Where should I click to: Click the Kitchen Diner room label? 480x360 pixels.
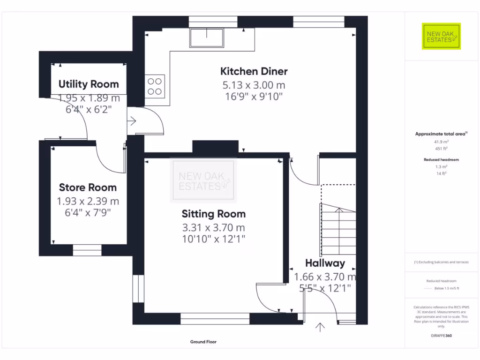point(254,71)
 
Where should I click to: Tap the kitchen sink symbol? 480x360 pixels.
point(207,37)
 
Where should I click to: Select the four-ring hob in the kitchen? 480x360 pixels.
point(155,86)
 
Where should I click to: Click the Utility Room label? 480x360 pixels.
point(89,84)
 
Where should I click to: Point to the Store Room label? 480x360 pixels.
point(88,187)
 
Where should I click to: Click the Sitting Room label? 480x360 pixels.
point(214,214)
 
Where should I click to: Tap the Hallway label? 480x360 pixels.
point(325,263)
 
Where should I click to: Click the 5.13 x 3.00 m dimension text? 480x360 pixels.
point(254,85)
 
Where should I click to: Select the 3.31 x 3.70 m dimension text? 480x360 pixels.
point(214,227)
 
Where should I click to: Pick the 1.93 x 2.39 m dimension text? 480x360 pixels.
point(88,201)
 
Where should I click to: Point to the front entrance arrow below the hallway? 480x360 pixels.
point(320,327)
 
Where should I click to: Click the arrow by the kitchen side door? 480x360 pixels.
point(132,121)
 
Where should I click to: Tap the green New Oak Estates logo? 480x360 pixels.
point(441,36)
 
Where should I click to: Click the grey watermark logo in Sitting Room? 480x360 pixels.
point(203,180)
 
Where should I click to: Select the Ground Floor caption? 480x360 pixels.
point(203,342)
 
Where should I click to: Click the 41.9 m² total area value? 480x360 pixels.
point(441,142)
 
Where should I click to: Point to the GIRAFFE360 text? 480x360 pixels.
point(441,336)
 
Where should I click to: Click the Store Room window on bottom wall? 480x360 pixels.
point(87,250)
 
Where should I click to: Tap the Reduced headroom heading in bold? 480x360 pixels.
point(441,159)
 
